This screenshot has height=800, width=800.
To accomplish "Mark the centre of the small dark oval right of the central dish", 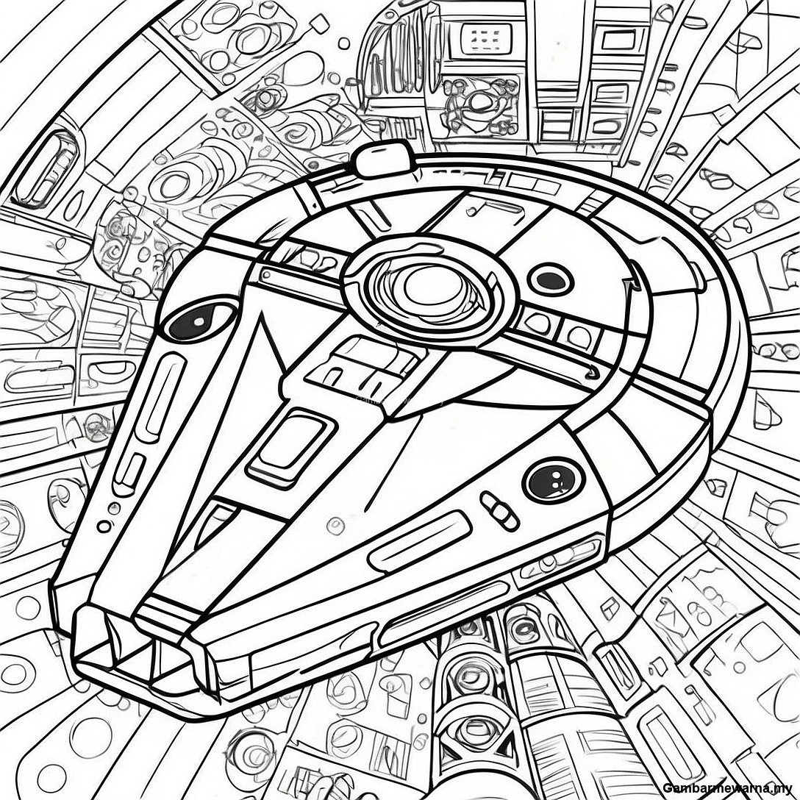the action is pos(550,279).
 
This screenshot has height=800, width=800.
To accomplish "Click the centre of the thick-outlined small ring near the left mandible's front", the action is pos(105,526).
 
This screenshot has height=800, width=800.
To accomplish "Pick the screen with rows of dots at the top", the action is pos(486,37).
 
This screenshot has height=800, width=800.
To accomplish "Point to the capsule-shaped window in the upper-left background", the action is pos(46,169).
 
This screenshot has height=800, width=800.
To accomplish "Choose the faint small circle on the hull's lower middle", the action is pos(335,523).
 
